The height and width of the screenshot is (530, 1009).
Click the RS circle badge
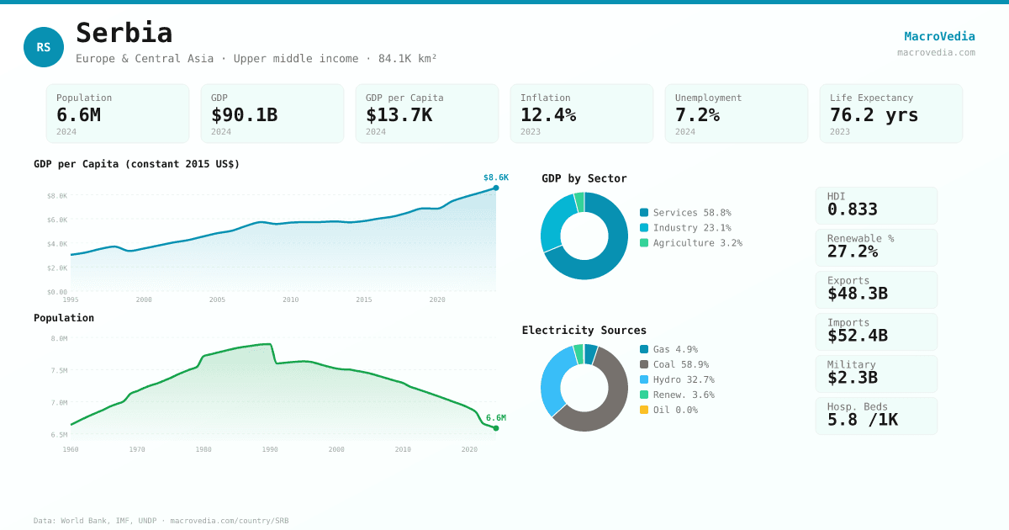pyautogui.click(x=44, y=47)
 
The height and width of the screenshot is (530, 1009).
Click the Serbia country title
pyautogui.click(x=124, y=33)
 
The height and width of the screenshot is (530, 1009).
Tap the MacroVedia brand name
pyautogui.click(x=939, y=36)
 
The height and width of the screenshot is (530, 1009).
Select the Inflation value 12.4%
pyautogui.click(x=548, y=114)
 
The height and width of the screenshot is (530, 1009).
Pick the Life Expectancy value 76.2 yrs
pyautogui.click(x=874, y=114)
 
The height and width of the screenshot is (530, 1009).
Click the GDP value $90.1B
pyautogui.click(x=244, y=114)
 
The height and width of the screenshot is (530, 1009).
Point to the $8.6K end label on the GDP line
pyautogui.click(x=495, y=178)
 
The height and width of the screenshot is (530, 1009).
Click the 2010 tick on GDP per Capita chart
pyautogui.click(x=290, y=299)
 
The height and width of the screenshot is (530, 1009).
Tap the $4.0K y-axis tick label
pyautogui.click(x=57, y=244)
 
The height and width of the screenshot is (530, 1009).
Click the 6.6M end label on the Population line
pyautogui.click(x=495, y=418)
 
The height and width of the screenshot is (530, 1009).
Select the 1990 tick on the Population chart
pyautogui.click(x=270, y=449)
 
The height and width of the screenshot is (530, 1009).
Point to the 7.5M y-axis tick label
pyautogui.click(x=59, y=370)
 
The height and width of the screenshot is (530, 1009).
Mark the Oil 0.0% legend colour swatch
pyautogui.click(x=644, y=410)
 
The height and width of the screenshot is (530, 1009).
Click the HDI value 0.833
pyautogui.click(x=852, y=209)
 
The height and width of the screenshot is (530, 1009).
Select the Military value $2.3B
pyautogui.click(x=852, y=378)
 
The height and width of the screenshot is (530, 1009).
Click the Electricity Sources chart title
pyautogui.click(x=584, y=330)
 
